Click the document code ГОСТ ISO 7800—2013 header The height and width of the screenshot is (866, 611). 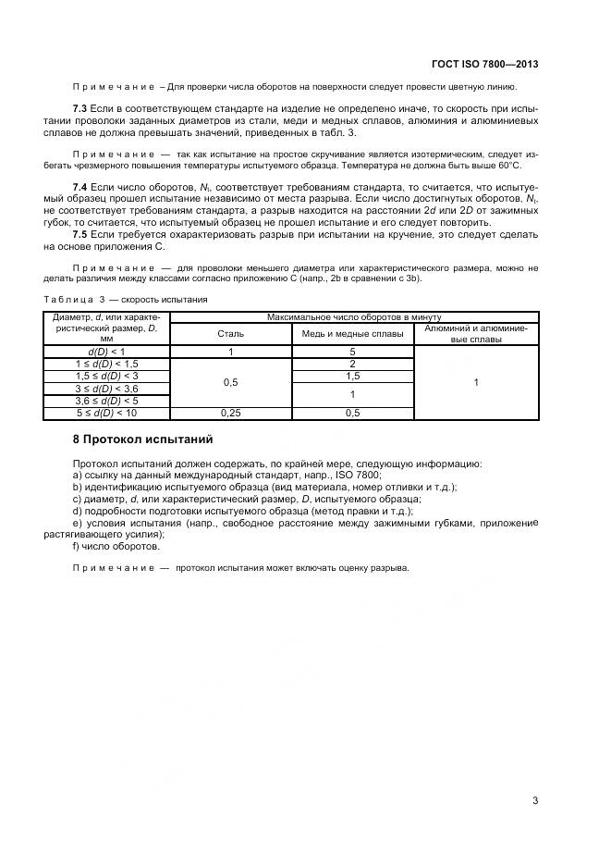point(484,65)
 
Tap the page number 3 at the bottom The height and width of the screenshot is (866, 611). point(535,801)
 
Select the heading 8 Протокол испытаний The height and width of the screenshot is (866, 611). point(142,438)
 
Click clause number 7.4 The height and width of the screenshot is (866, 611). point(80,188)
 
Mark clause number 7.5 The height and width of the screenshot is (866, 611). point(80,235)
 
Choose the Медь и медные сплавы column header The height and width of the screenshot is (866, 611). point(352,333)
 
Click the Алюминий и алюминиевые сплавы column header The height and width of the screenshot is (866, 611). point(476,333)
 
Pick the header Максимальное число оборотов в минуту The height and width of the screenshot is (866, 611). point(353,317)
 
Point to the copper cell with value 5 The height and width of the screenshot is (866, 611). point(352,353)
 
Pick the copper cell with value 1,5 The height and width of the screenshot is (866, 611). point(352,377)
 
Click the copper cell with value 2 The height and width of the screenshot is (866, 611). point(352,365)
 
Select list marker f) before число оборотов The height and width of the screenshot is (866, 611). point(76,546)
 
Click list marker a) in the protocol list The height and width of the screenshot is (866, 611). point(76,474)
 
